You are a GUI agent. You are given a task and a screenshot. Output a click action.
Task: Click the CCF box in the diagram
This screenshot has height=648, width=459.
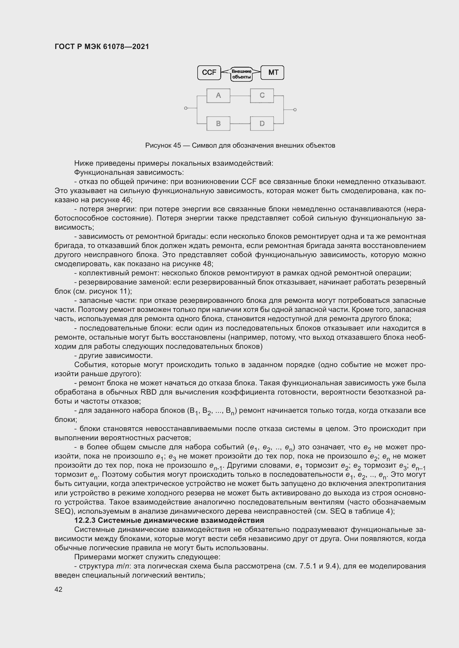pyautogui.click(x=209, y=73)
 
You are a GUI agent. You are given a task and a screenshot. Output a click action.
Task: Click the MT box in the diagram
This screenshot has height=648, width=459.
pyautogui.click(x=273, y=73)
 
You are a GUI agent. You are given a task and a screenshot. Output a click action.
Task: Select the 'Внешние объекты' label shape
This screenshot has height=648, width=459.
pyautogui.click(x=241, y=74)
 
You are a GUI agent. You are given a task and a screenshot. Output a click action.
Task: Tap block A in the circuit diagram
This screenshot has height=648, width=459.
pyautogui.click(x=218, y=95)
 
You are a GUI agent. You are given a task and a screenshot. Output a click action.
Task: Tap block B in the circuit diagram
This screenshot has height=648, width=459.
pyautogui.click(x=218, y=123)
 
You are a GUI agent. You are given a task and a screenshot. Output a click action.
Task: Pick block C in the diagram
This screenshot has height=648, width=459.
pyautogui.click(x=262, y=95)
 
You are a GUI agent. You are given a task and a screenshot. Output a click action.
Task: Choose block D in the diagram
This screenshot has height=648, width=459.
pyautogui.click(x=262, y=123)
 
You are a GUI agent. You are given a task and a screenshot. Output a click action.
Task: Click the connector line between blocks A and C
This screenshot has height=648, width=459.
pyautogui.click(x=240, y=96)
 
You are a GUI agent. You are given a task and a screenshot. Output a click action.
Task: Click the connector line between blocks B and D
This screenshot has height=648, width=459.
pyautogui.click(x=240, y=124)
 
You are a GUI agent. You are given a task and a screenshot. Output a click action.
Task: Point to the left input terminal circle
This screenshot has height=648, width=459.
pyautogui.click(x=186, y=108)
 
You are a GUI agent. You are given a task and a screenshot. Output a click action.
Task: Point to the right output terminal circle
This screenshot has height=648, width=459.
pyautogui.click(x=295, y=109)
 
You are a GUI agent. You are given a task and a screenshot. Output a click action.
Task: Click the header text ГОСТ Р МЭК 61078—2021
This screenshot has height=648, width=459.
pyautogui.click(x=102, y=47)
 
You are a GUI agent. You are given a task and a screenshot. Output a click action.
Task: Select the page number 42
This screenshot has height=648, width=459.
pyautogui.click(x=59, y=589)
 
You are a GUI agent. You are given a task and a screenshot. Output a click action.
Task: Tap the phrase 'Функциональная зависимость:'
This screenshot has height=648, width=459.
pyautogui.click(x=129, y=172)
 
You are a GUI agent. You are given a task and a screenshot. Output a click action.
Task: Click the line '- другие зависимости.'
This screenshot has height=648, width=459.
pyautogui.click(x=113, y=356)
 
